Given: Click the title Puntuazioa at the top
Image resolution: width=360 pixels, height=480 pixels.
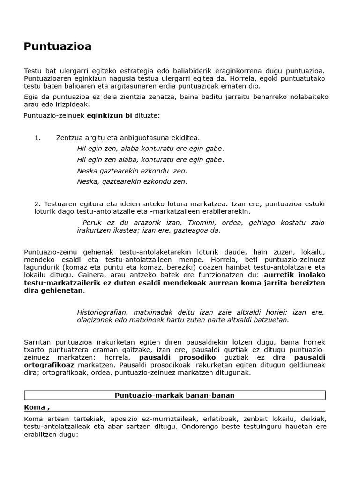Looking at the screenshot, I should (x=58, y=46).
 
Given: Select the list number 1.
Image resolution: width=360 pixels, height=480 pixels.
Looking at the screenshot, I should (x=37, y=138).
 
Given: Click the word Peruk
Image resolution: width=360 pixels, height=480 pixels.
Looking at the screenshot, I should (x=92, y=223).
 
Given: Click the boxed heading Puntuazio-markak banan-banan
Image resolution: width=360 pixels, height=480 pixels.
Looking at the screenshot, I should (x=174, y=395).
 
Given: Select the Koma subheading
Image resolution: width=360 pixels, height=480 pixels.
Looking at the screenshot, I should (x=37, y=407).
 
